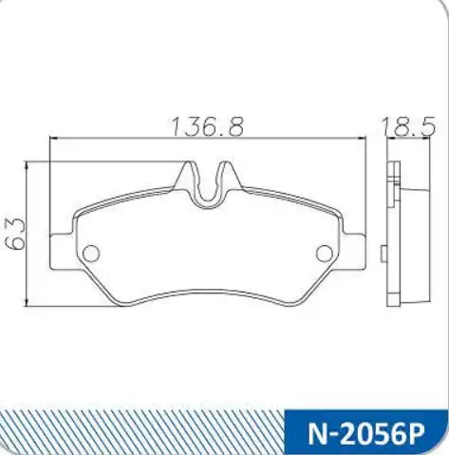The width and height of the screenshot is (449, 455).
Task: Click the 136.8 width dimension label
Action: coord(207,126)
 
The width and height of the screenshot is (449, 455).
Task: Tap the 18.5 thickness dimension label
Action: coord(409,126)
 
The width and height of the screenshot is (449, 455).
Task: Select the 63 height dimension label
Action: coord(15,234)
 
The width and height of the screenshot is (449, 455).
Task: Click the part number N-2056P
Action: coord(365,434)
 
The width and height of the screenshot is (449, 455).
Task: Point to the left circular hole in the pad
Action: coord(91,254)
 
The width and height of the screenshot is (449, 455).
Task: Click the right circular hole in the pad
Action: coord(325,254)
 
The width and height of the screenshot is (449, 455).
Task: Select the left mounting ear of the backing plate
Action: coord(63,252)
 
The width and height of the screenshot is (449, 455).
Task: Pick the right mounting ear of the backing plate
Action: coord(353,252)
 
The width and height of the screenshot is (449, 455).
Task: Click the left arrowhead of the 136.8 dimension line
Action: coord(54,138)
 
